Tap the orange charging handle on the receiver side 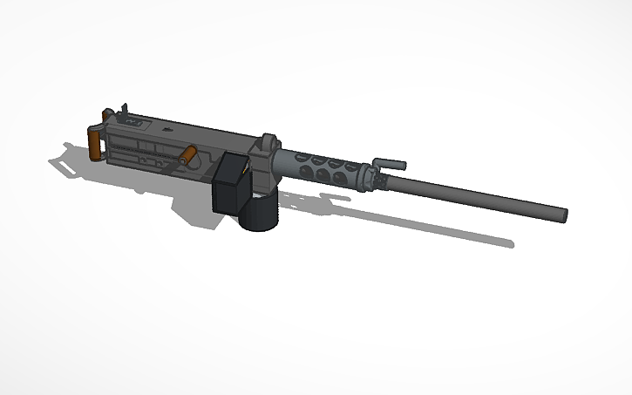tap(187, 155)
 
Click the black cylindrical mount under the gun tap(258, 214)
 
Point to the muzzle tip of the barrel tap(562, 213)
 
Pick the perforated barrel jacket tap(323, 166)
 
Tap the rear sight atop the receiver tap(123, 111)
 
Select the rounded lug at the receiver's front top tap(268, 140)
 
